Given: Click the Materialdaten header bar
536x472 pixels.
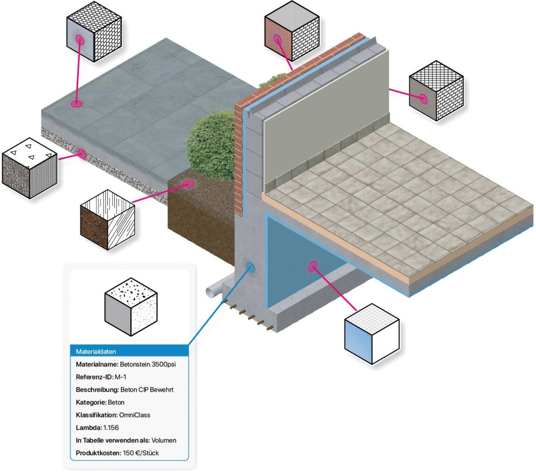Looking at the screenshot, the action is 129,351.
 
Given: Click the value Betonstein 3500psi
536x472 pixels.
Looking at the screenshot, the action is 148,364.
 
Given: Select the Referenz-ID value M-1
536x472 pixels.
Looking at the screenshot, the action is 120,377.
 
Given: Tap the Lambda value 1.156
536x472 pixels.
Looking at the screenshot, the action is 111,428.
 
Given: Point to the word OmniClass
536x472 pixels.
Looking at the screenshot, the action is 134,415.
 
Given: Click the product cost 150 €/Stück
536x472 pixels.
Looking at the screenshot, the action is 141,453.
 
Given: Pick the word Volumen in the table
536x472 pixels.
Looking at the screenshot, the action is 164,440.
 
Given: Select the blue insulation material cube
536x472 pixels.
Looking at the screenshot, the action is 372,334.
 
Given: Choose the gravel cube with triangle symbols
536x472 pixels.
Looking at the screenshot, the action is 29,168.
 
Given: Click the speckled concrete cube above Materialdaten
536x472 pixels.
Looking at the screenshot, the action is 131,307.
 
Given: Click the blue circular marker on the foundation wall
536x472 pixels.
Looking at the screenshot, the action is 250,267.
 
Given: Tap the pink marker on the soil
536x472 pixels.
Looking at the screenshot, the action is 188,184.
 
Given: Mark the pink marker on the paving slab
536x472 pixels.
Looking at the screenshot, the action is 76,104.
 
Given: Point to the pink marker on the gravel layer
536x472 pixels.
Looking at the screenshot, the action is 82,154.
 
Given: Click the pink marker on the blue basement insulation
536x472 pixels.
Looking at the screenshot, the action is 313,266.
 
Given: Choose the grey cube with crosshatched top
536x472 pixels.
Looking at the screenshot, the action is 436,91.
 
